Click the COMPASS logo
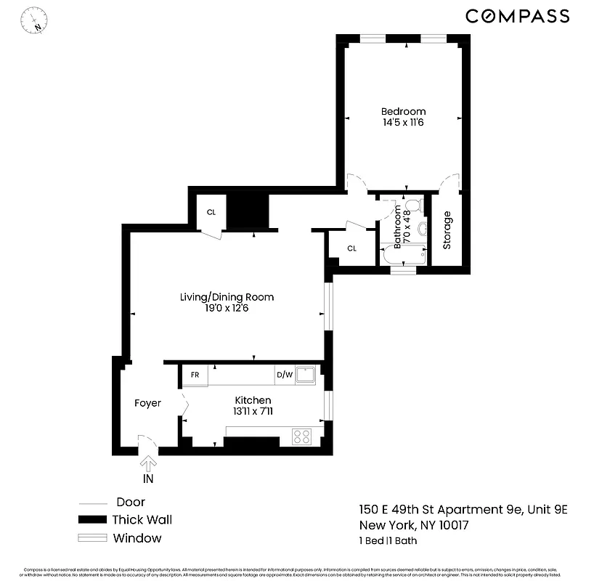(x=517, y=16)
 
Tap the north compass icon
(x=34, y=20)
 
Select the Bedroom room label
(x=403, y=111)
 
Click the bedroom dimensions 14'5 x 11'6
(x=403, y=123)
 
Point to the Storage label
(x=447, y=230)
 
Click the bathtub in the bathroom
(x=404, y=255)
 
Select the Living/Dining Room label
(x=227, y=297)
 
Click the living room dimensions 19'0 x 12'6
(x=227, y=308)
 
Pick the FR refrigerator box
(x=195, y=375)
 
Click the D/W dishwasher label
(x=284, y=375)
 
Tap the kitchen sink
(x=306, y=375)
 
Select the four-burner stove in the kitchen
(x=301, y=436)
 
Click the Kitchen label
(x=253, y=400)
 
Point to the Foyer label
(x=147, y=403)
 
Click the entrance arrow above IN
(x=148, y=463)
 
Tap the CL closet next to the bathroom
(x=351, y=248)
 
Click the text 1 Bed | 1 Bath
(x=388, y=540)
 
